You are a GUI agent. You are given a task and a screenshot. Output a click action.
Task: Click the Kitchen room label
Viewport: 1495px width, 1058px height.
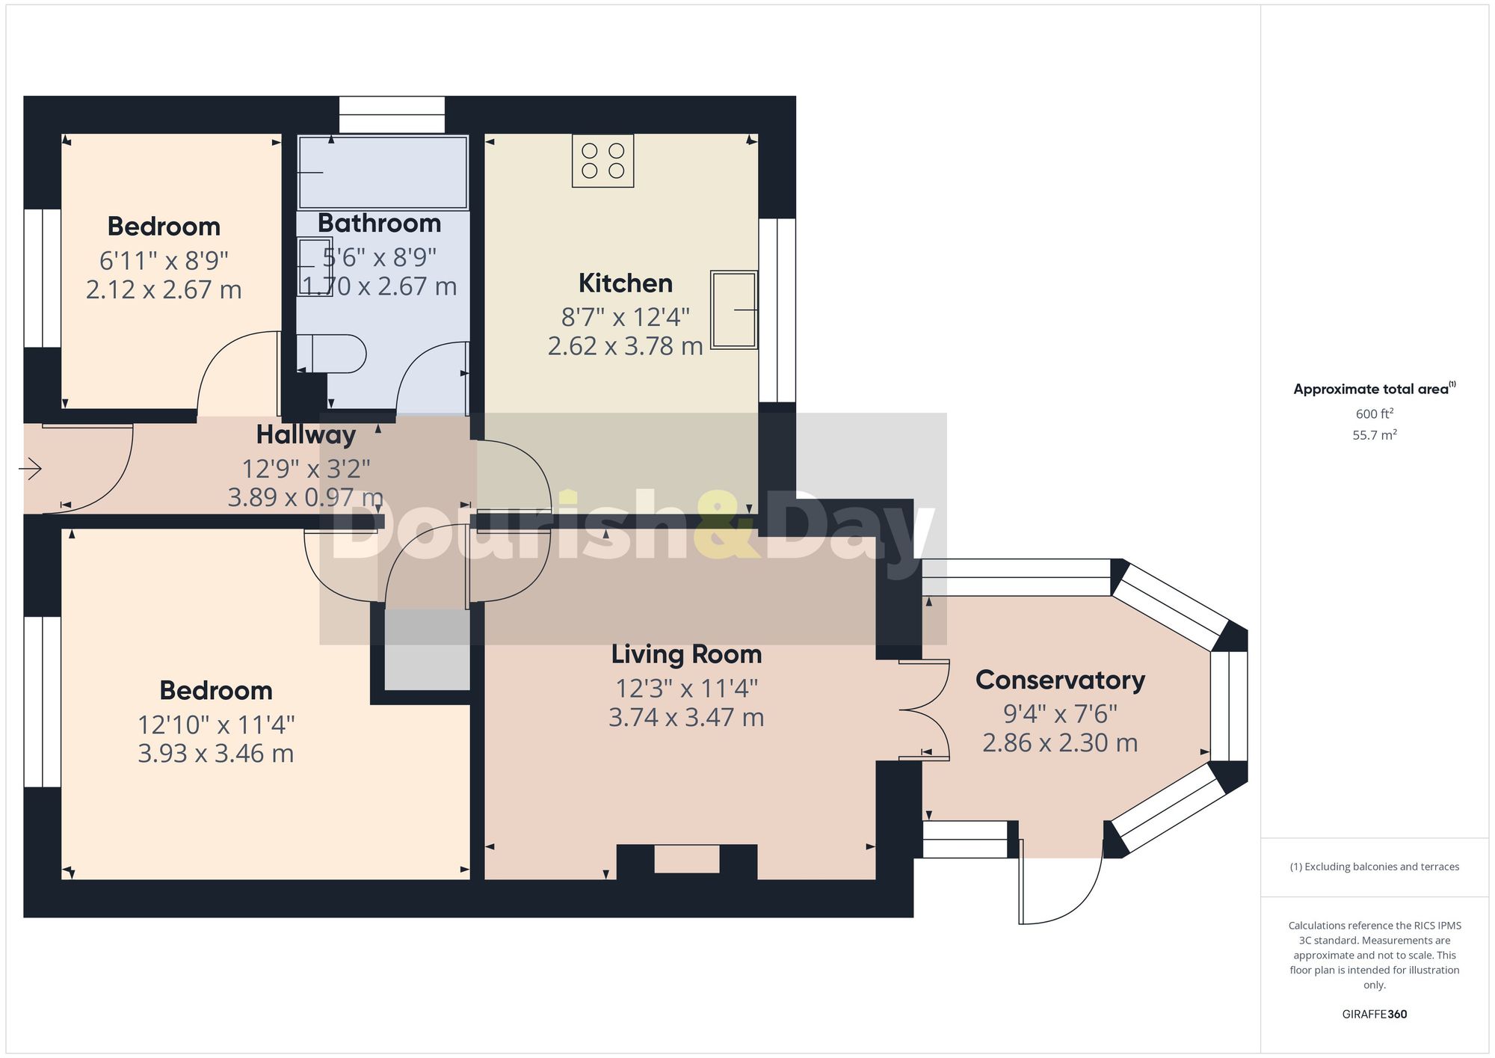coord(625,283)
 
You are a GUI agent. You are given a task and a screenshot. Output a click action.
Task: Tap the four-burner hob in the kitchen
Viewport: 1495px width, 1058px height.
coord(602,161)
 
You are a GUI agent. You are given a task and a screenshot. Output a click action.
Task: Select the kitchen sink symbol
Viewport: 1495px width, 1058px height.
coord(733,310)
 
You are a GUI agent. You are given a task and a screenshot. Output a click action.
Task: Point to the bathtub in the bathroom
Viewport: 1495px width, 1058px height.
coord(383,173)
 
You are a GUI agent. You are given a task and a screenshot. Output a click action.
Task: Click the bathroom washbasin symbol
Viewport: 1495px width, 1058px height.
coord(314,266)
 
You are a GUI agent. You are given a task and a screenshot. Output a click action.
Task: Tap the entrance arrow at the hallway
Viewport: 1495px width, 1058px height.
coord(31,470)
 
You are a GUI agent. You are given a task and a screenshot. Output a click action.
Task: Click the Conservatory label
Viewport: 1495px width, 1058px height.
coord(1060,680)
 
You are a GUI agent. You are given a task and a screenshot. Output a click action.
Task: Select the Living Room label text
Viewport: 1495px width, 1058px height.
coord(686,654)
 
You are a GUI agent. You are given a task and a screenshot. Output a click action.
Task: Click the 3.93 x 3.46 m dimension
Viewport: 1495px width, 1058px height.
coord(215,753)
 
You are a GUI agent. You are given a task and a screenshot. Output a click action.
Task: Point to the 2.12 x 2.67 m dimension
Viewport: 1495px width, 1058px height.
coord(164,289)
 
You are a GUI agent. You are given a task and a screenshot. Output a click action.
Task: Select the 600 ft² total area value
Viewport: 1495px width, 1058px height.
coord(1374,413)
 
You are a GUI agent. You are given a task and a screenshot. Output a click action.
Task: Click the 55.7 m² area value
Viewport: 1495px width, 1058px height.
coord(1374,435)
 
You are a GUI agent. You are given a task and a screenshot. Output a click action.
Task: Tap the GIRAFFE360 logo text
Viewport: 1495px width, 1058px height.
coord(1374,1015)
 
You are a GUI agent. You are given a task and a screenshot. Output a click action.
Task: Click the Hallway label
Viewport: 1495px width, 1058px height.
coord(306,434)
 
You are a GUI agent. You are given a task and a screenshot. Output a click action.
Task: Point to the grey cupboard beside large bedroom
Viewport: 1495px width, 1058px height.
coord(427,649)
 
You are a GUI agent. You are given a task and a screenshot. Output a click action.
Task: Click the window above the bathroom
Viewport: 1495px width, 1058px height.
coord(392,114)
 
